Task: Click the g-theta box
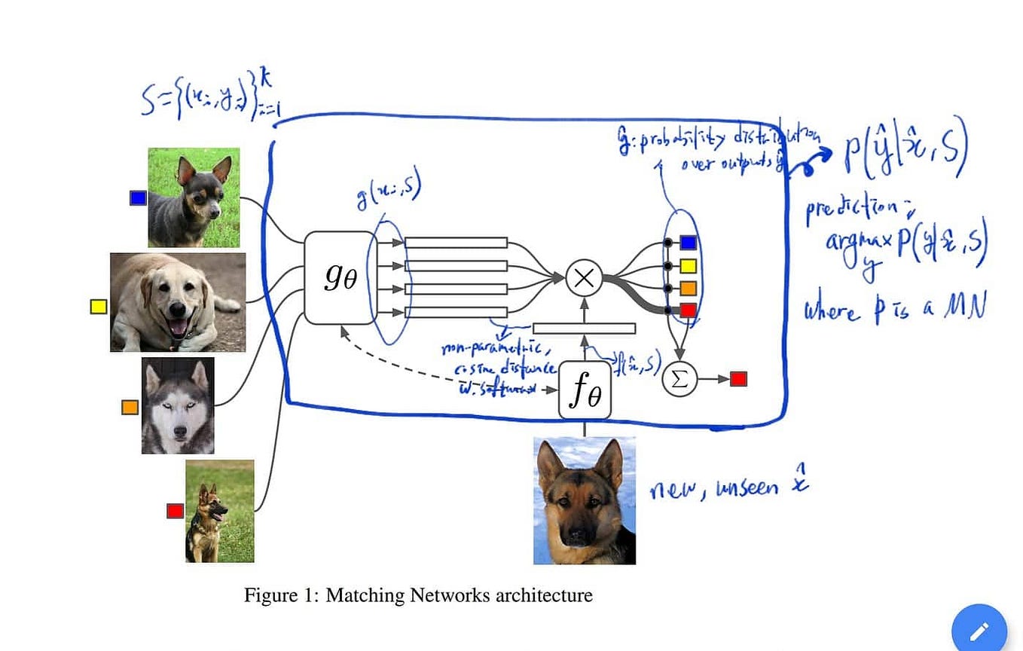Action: pyautogui.click(x=340, y=277)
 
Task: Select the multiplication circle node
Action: pyautogui.click(x=584, y=277)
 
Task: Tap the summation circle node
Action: pyautogui.click(x=679, y=379)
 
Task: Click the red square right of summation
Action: pyautogui.click(x=738, y=379)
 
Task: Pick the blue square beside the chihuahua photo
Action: pyautogui.click(x=138, y=197)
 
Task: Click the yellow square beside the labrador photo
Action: pyautogui.click(x=99, y=307)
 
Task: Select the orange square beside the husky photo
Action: pyautogui.click(x=130, y=407)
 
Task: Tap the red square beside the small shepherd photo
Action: pyautogui.click(x=175, y=511)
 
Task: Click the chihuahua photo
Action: pyautogui.click(x=194, y=197)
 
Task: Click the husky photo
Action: pyautogui.click(x=178, y=405)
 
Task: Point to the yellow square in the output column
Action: pyautogui.click(x=687, y=265)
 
